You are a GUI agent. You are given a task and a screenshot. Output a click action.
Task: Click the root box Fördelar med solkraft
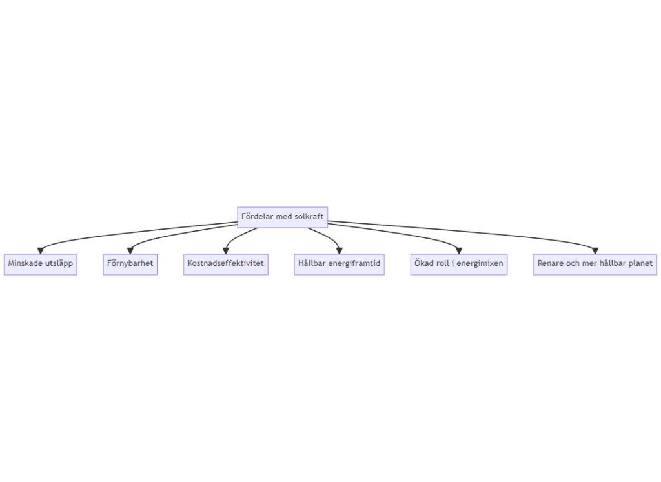tap(283, 217)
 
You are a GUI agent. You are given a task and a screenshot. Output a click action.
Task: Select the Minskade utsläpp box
tap(41, 264)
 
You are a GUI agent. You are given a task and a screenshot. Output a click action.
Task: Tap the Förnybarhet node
tap(130, 264)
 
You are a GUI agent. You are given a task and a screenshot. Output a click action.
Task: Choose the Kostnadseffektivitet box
tap(225, 264)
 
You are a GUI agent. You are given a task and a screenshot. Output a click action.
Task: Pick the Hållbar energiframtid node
tap(340, 264)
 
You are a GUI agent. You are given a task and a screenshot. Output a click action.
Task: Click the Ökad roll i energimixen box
tap(459, 264)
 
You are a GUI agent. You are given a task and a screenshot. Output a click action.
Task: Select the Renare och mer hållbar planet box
tap(595, 264)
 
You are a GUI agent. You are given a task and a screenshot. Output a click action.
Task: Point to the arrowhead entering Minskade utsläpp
tap(41, 251)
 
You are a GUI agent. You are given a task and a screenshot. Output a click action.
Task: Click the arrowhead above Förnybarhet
tap(130, 251)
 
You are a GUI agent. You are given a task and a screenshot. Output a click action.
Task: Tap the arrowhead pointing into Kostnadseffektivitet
tap(225, 251)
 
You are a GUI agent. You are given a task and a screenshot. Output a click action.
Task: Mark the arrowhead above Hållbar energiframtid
tap(340, 251)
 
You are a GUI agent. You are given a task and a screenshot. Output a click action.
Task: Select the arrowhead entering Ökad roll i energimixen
tap(459, 251)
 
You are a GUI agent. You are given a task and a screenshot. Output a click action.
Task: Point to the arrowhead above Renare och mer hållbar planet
tap(595, 251)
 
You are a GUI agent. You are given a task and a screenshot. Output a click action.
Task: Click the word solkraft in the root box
tap(309, 217)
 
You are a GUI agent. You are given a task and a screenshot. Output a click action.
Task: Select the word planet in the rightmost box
tap(640, 264)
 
